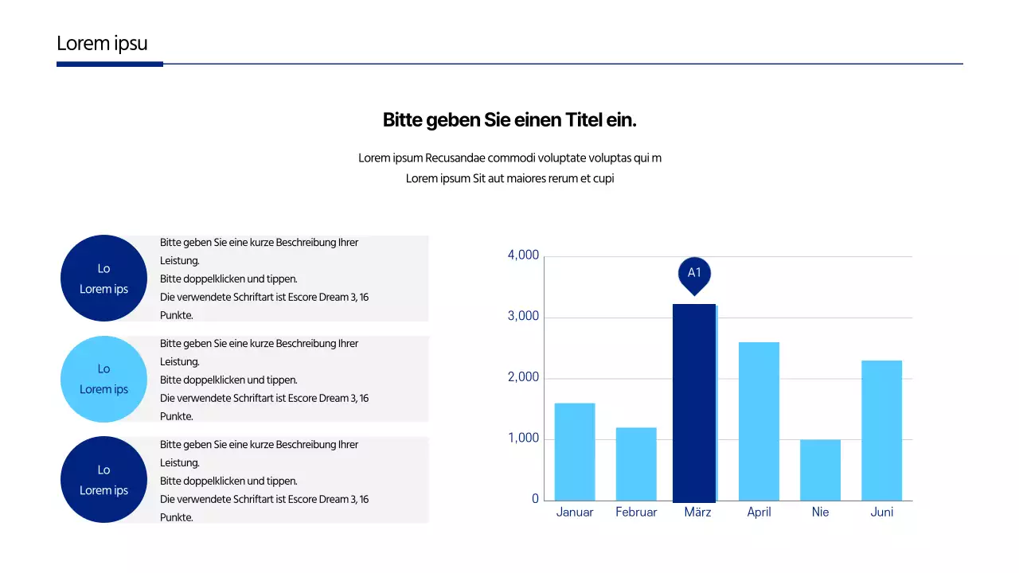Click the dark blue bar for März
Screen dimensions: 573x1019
point(694,403)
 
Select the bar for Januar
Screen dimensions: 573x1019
point(575,451)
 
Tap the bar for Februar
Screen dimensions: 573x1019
point(636,464)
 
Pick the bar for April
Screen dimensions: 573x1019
point(759,421)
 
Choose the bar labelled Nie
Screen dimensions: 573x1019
point(820,470)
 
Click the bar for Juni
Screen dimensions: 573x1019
point(881,431)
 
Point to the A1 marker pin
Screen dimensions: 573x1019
point(694,274)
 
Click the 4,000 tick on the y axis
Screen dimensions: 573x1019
point(523,255)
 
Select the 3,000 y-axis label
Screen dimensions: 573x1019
point(523,317)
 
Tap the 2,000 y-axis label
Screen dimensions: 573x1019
point(523,378)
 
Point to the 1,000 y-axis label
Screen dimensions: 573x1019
point(523,439)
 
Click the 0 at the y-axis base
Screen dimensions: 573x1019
point(535,499)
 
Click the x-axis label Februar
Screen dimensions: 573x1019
point(636,513)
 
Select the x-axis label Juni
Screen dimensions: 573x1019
point(881,513)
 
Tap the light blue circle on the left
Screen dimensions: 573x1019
point(103,379)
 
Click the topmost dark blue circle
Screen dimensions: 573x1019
point(103,278)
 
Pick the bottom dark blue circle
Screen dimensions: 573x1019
point(103,480)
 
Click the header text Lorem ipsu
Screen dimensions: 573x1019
point(102,44)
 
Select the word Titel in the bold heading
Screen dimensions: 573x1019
point(585,120)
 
